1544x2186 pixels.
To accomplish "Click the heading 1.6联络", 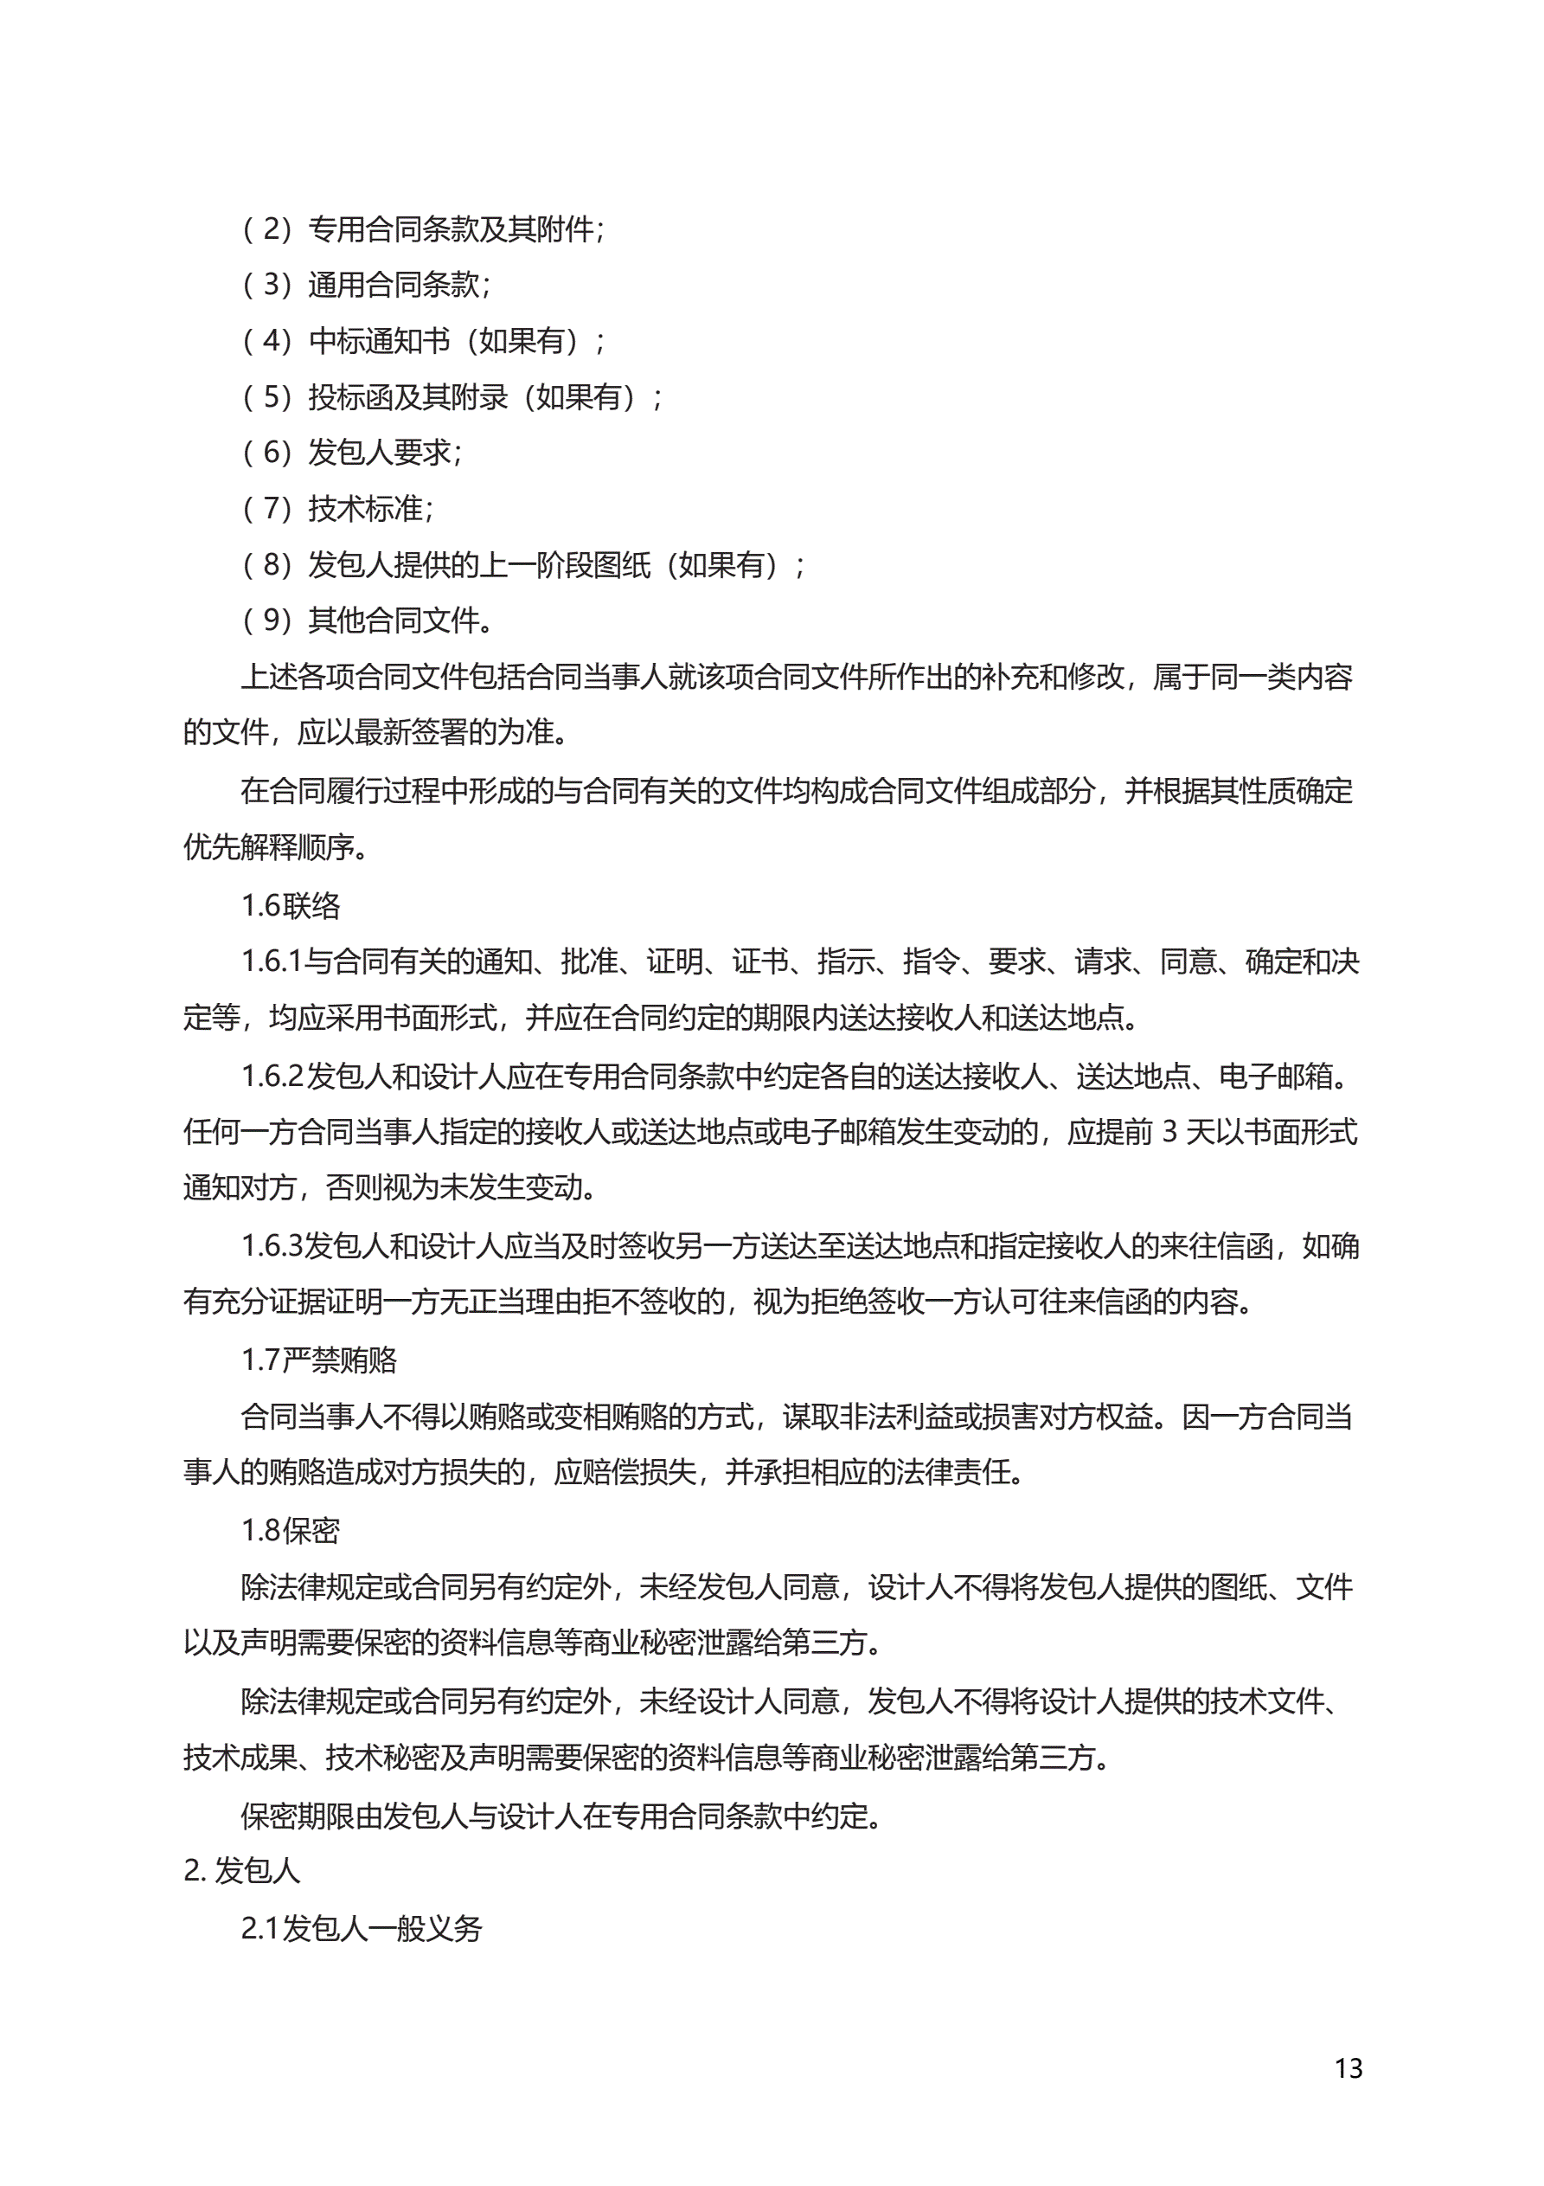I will [x=291, y=905].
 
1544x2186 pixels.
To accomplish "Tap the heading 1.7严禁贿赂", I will [x=319, y=1360].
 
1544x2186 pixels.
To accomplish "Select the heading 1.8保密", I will [x=291, y=1530].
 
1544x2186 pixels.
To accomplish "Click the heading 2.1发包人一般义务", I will [x=362, y=1928].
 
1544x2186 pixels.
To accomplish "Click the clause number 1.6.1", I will [x=272, y=961].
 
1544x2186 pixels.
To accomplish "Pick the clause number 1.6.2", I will [x=272, y=1076].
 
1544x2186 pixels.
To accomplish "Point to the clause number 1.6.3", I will [x=272, y=1245].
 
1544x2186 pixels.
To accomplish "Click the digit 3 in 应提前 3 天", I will [x=1170, y=1132].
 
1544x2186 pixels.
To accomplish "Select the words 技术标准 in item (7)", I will [x=366, y=508].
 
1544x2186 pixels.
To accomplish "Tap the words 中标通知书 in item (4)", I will [x=379, y=341].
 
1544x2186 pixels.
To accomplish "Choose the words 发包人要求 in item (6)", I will [x=379, y=453].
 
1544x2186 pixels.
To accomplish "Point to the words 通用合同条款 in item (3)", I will [x=394, y=285].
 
